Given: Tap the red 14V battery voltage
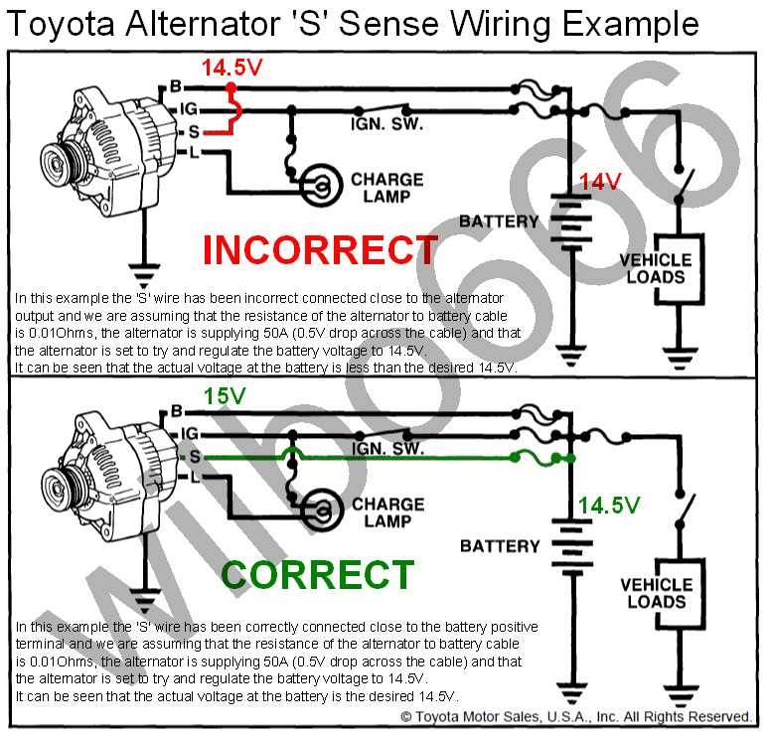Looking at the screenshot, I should [601, 182].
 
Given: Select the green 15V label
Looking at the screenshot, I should [226, 395].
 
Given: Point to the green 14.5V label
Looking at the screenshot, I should [609, 506].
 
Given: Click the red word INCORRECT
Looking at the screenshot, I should [320, 250].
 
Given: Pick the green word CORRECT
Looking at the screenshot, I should [317, 575].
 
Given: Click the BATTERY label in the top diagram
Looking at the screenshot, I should [499, 221].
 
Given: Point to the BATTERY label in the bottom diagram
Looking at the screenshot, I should [500, 545].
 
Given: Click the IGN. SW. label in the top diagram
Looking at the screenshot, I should [387, 125].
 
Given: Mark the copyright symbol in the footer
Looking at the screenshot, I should [405, 716].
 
